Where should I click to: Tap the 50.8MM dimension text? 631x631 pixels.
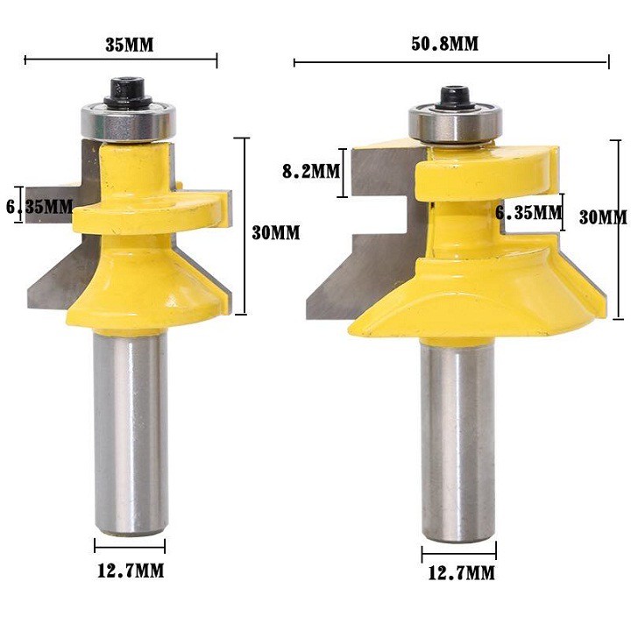445,43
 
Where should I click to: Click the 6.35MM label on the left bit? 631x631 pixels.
39,208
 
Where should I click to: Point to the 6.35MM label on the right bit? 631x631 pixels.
528,212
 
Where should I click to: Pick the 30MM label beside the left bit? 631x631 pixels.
276,232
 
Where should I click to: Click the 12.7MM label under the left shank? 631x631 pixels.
129,571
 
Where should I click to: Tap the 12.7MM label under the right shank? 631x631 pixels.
457,574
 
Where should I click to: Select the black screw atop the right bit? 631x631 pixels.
453,96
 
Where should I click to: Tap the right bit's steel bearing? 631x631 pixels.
454,126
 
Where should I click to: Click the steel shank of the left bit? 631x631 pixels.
131,429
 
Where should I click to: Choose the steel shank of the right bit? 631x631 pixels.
457,438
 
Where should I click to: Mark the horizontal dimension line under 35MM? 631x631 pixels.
121,60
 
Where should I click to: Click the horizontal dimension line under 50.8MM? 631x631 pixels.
450,62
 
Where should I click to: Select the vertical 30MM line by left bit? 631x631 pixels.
245,225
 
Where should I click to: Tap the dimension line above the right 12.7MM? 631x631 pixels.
457,554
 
